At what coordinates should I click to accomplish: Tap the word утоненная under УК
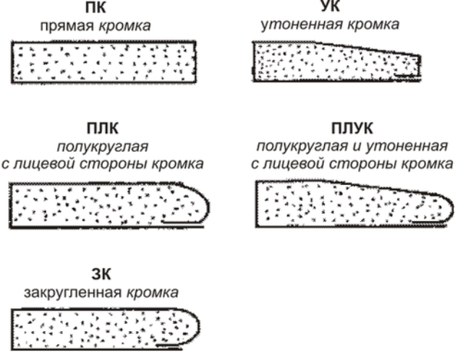click(297, 26)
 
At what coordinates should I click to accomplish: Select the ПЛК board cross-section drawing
click(109, 201)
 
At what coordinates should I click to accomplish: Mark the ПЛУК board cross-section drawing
click(347, 203)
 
